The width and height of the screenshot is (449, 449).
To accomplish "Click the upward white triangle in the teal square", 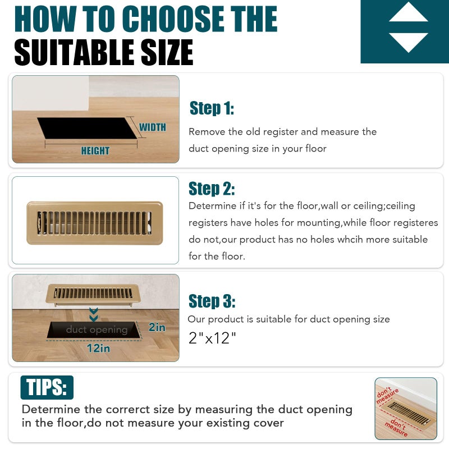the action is coord(409,13).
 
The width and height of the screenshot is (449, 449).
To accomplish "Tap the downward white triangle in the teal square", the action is coord(409,42).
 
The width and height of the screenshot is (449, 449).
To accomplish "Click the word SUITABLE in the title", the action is coord(74,52).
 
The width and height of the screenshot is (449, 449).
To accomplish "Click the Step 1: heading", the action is coord(212,108).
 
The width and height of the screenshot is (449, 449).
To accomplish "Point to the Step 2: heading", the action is coord(212,189).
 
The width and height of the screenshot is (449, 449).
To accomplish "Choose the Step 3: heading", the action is coord(212,301).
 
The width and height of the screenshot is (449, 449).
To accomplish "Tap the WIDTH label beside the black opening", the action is coord(153,127).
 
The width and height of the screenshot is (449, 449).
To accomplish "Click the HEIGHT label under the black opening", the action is coord(95,150).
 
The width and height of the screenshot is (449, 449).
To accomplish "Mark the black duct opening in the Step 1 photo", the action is coord(87,128).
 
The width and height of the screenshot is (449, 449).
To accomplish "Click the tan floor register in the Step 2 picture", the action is coord(95,223).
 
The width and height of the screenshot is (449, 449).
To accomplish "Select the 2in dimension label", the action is coord(157,327).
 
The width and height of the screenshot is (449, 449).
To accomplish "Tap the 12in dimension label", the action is coord(98,348).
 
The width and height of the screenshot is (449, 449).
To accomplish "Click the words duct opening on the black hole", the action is coord(97,329).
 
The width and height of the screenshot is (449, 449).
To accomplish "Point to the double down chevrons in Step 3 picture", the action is coord(94,314).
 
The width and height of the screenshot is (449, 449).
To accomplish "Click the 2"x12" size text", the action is coord(212,338).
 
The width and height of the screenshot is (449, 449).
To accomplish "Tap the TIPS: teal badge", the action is coord(47,387).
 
